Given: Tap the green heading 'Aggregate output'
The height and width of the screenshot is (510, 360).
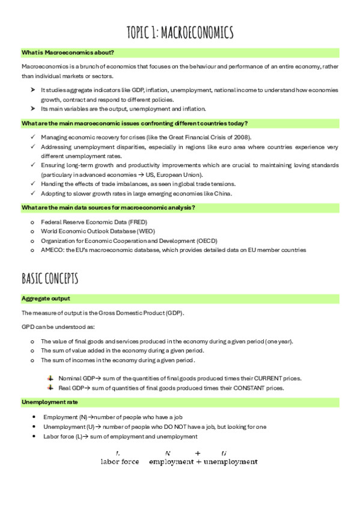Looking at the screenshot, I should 46,298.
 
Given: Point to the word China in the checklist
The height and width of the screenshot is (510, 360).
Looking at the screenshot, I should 237,193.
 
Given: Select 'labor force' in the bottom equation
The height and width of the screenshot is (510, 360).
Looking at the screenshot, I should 120,462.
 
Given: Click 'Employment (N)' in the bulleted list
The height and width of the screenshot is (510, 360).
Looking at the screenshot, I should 66,417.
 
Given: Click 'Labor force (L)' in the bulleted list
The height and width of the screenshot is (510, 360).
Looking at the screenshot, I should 66,436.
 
